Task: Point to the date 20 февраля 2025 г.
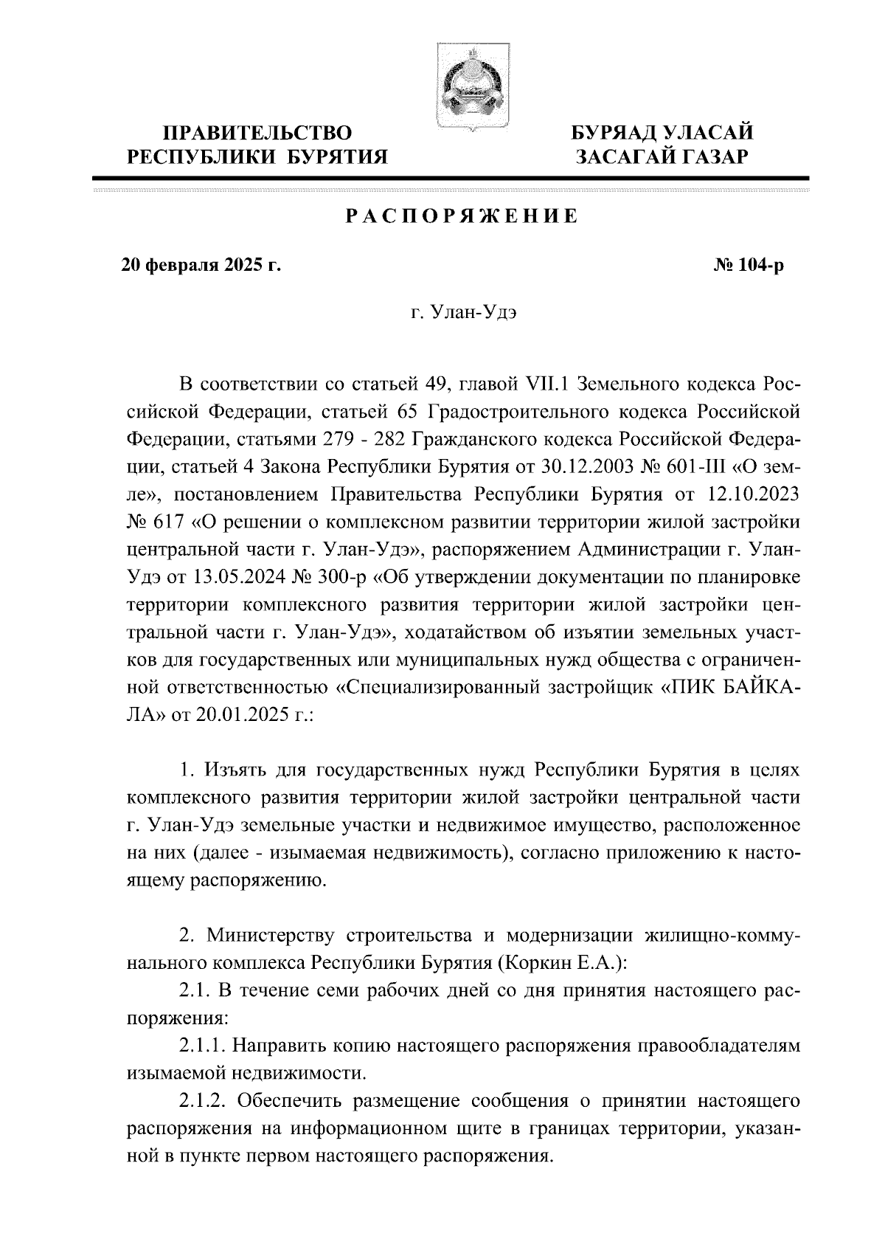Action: pyautogui.click(x=201, y=265)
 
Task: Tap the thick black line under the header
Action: pyautogui.click(x=451, y=178)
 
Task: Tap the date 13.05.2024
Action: pyautogui.click(x=200, y=578)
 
